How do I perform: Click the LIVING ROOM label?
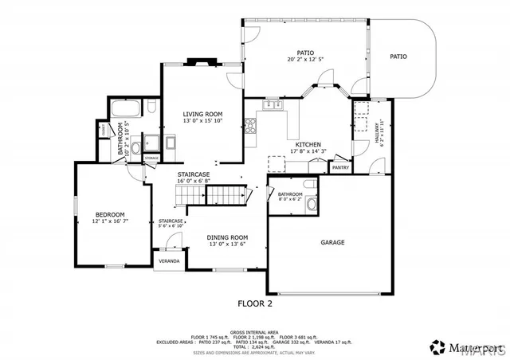202,115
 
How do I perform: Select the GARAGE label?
332,242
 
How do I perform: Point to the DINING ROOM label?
228,237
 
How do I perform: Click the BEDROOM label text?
110,214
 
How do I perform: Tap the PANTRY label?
340,168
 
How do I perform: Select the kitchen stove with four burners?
250,123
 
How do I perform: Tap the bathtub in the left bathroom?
127,109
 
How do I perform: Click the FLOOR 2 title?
256,303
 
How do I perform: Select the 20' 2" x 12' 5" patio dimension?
306,60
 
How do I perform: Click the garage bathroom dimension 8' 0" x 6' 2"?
290,200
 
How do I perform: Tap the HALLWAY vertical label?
377,132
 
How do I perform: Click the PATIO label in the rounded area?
398,57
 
